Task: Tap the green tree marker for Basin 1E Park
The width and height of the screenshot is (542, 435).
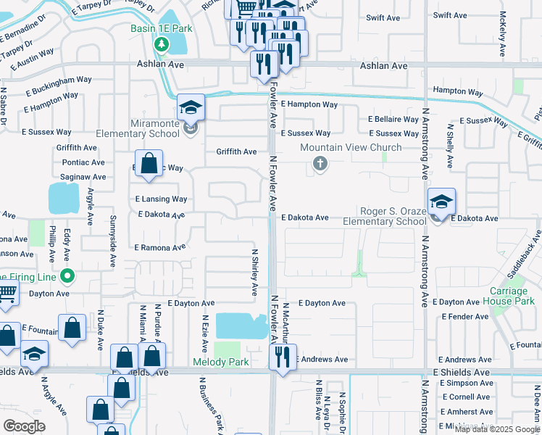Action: [161, 45]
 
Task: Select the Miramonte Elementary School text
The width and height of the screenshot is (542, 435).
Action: [145, 128]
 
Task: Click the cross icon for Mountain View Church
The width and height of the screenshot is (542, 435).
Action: [320, 165]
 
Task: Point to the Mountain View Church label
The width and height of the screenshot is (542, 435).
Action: [351, 148]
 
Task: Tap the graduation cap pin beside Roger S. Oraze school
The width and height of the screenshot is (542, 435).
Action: [441, 202]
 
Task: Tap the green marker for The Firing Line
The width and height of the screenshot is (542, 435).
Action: [67, 275]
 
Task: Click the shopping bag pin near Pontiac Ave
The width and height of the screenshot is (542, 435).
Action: [149, 164]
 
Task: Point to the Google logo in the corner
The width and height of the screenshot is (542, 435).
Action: [25, 426]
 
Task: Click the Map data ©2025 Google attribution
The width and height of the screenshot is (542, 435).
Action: [498, 429]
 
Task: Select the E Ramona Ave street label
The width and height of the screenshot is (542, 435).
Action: [160, 247]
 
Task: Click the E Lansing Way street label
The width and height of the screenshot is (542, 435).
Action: [161, 199]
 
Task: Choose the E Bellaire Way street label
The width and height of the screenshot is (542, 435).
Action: [393, 119]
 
